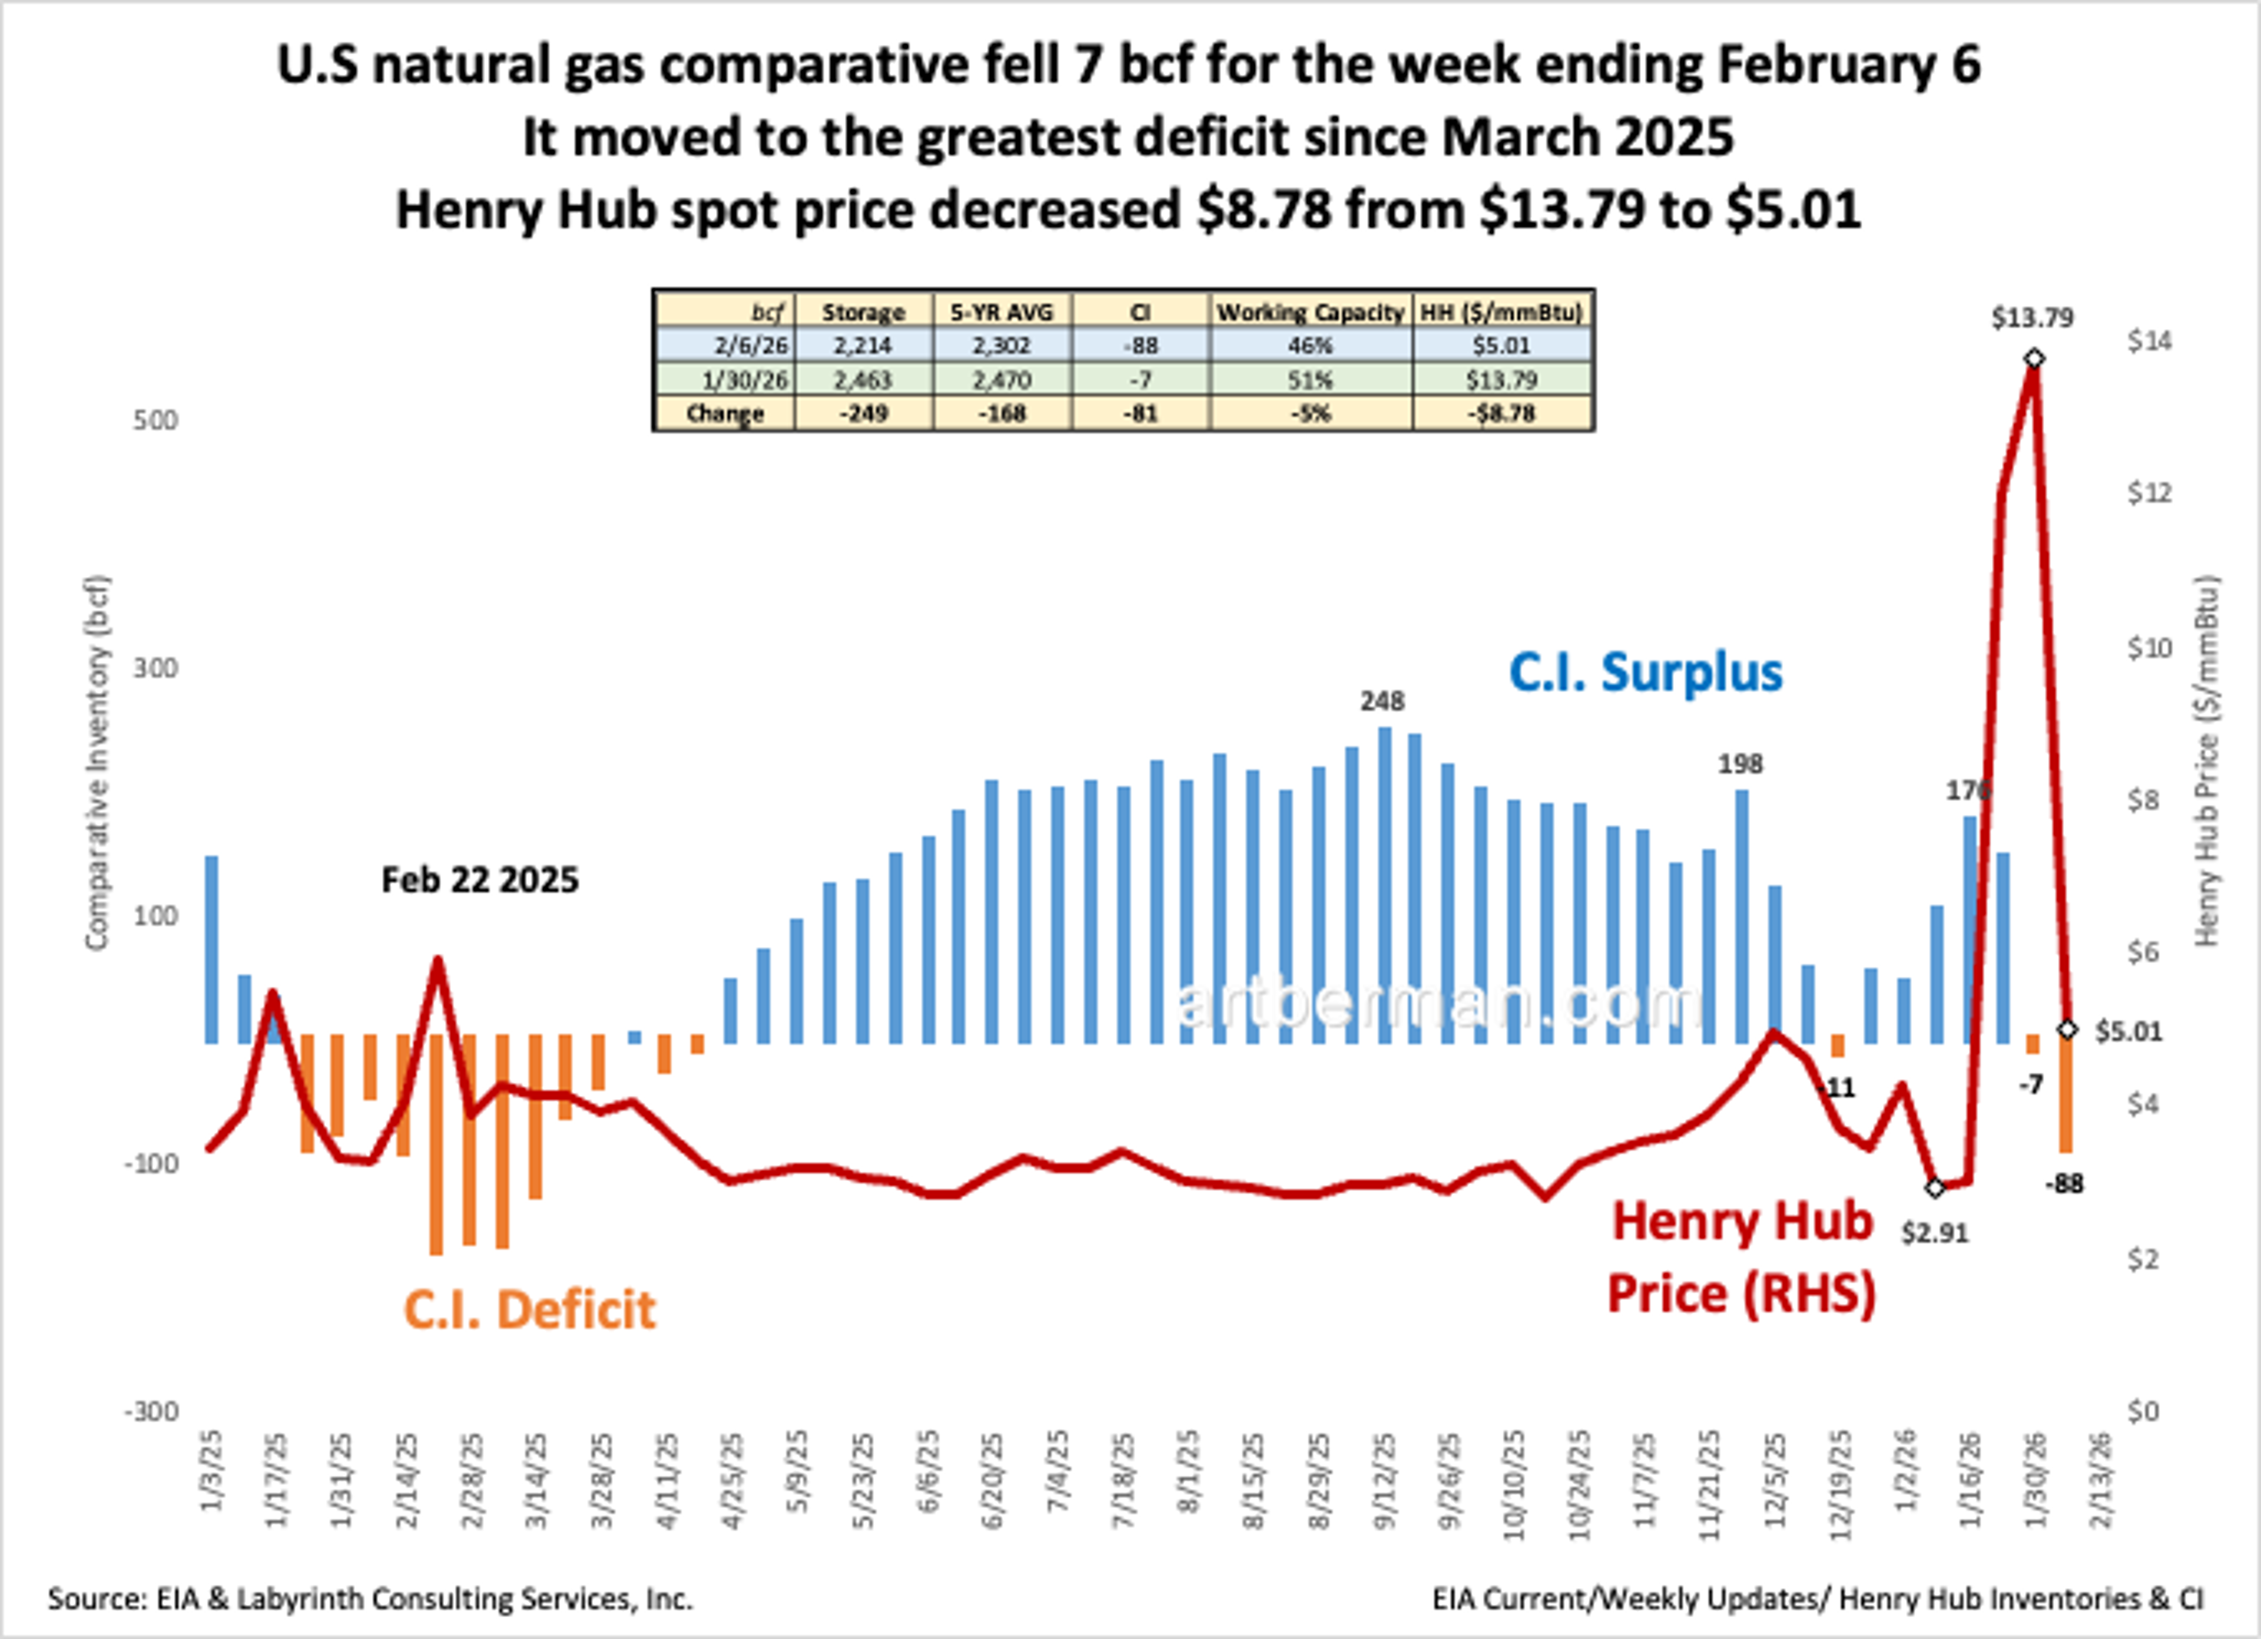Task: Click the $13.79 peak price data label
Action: [x=2032, y=318]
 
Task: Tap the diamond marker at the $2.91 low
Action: [x=1935, y=1189]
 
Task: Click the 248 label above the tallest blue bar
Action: [x=1382, y=702]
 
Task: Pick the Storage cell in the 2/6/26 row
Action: [x=863, y=346]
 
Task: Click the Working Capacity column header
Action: [x=1310, y=312]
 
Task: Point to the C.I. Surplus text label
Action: [x=1645, y=673]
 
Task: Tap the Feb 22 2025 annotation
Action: [x=479, y=880]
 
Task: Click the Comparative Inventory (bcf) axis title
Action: [x=96, y=762]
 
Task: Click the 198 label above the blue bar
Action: [x=1739, y=765]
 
